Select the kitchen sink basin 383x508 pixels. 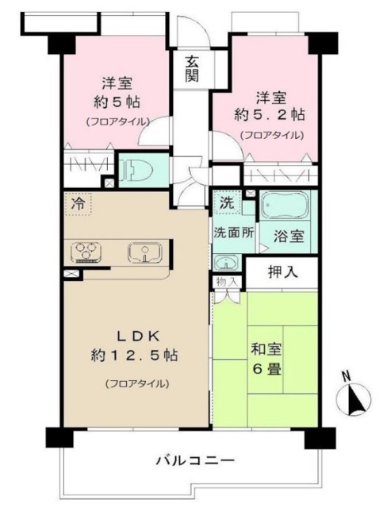pos(145,253)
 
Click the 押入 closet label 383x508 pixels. pos(282,273)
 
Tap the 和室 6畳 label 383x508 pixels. pos(267,360)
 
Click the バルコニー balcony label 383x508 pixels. pos(194,460)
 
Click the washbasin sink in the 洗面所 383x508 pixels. pos(226,263)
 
